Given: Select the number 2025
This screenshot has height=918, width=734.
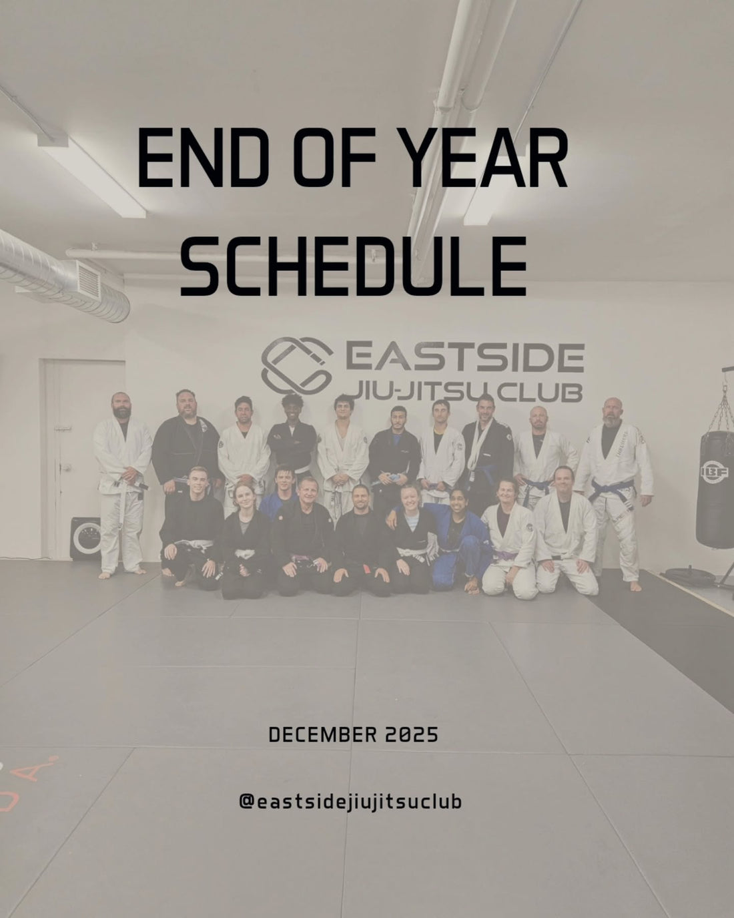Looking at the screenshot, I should [412, 736].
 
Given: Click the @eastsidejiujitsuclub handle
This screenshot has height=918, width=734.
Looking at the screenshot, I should [350, 801].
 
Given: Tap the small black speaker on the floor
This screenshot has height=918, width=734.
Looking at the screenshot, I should [85, 538].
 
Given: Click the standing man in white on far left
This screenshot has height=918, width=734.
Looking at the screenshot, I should [121, 481].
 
